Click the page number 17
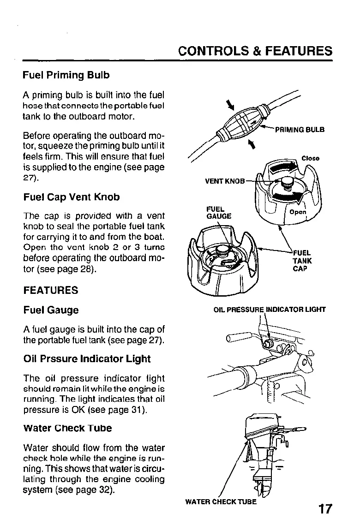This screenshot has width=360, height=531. point(324,509)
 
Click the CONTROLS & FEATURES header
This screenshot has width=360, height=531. point(255,51)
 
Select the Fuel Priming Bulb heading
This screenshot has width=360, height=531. point(66,75)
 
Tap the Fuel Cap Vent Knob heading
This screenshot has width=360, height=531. point(72,197)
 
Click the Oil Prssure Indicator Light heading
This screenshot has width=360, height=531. point(87,358)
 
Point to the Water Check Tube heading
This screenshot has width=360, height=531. point(67,428)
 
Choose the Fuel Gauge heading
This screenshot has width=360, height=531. point(51,310)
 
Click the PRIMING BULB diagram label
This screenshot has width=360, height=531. point(300,130)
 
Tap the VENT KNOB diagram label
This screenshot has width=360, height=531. point(225,181)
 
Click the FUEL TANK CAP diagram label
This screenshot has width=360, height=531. point(302,261)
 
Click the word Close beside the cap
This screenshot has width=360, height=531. point(311,158)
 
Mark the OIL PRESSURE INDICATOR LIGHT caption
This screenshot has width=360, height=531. point(270,309)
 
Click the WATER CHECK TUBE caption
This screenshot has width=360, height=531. point(221,502)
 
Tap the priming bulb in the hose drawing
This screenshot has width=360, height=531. point(240,121)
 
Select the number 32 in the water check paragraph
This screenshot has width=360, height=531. point(104,489)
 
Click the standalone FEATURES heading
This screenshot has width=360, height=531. point(51,290)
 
